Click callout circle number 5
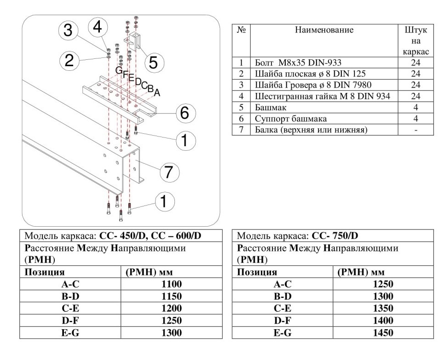pyautogui.click(x=153, y=63)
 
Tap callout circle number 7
pyautogui.click(x=169, y=172)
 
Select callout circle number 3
pyautogui.click(x=68, y=30)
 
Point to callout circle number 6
pyautogui.click(x=185, y=113)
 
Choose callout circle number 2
pyautogui.click(x=69, y=60)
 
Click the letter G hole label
pyautogui.click(x=119, y=70)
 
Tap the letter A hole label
pyautogui.click(x=157, y=92)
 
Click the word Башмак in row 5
pyautogui.click(x=271, y=108)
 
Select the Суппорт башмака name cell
pyautogui.click(x=291, y=119)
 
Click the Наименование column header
pyautogui.click(x=324, y=30)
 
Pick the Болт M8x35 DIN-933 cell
pyautogui.click(x=298, y=63)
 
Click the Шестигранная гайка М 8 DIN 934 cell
pyautogui.click(x=323, y=96)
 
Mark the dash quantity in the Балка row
pyautogui.click(x=416, y=130)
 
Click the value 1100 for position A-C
pyautogui.click(x=171, y=284)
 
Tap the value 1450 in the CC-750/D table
pyautogui.click(x=383, y=332)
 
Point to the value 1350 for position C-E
pyautogui.click(x=383, y=308)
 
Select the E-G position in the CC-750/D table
pyautogui.click(x=283, y=332)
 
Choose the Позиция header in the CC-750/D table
pyautogui.click(x=257, y=272)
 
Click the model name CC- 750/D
pyautogui.click(x=335, y=235)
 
